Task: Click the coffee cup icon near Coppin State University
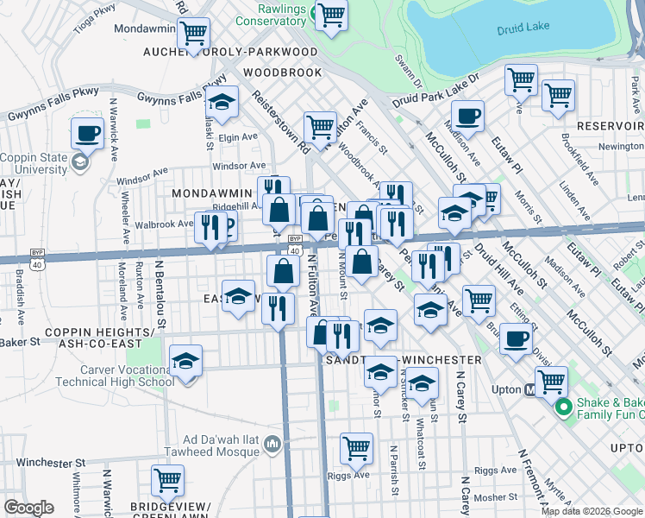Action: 86,133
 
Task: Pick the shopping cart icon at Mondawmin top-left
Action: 193,33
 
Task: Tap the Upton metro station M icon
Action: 533,390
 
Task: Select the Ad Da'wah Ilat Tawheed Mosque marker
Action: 272,445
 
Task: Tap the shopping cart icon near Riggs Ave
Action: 356,448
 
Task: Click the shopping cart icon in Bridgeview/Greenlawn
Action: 167,480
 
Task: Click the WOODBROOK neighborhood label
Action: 281,73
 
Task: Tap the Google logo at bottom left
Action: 28,509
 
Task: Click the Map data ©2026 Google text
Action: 592,511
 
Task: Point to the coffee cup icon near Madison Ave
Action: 467,116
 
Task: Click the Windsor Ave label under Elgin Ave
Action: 239,166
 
